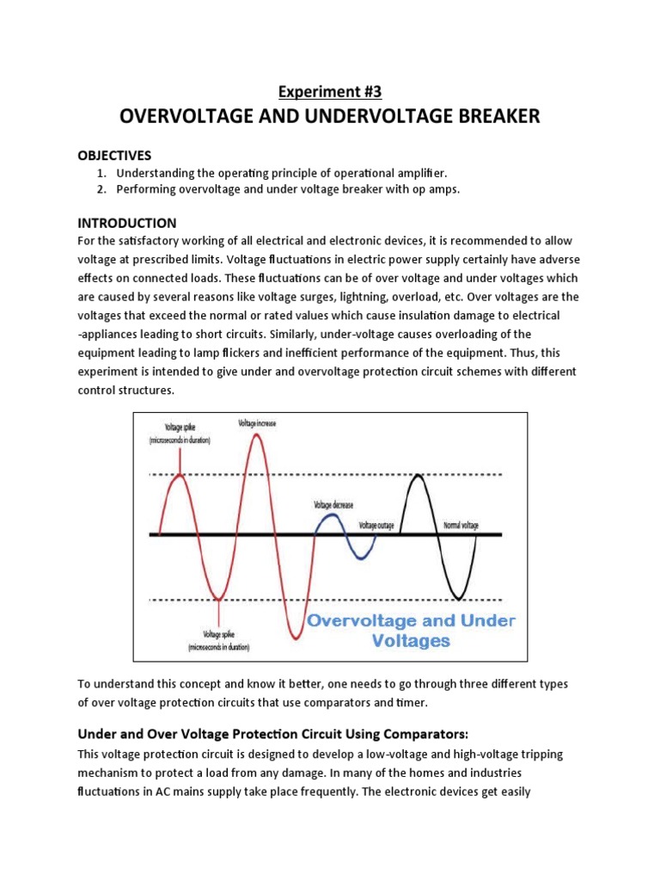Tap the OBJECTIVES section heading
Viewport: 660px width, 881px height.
click(114, 156)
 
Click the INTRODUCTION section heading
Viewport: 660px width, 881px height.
click(127, 223)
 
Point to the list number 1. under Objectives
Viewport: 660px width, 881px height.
click(101, 173)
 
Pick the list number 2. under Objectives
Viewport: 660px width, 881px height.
click(101, 189)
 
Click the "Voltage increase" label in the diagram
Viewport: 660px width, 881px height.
click(257, 423)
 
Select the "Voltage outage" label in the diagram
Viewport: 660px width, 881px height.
click(376, 525)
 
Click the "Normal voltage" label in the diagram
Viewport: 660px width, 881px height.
click(461, 525)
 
